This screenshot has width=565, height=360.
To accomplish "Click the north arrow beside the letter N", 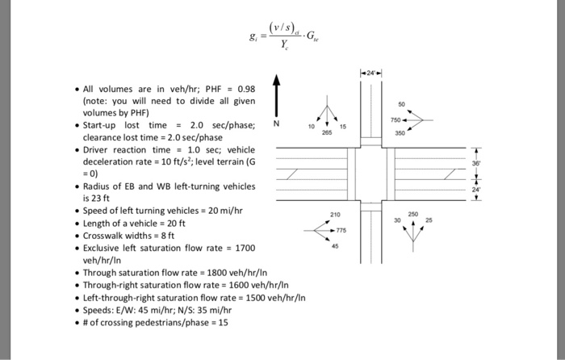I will pos(277,94).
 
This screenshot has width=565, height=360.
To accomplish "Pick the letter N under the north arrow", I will pos(277,123).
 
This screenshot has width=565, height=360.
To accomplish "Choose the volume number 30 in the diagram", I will pos(396,220).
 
